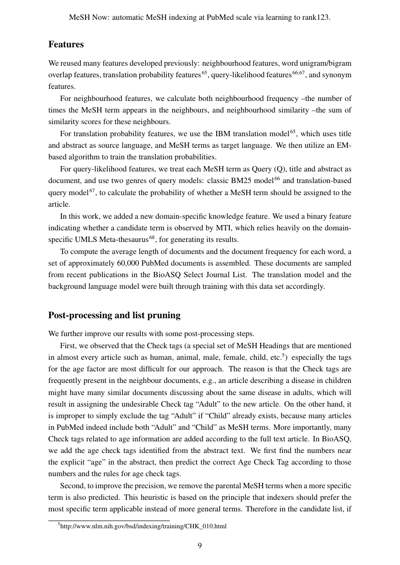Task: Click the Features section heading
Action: pyautogui.click(x=66, y=44)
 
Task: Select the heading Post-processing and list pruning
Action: pyautogui.click(x=114, y=315)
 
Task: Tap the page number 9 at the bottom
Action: pyautogui.click(x=200, y=546)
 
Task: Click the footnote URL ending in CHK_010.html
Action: pyautogui.click(x=143, y=526)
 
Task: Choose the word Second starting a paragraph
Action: pyautogui.click(x=72, y=485)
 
